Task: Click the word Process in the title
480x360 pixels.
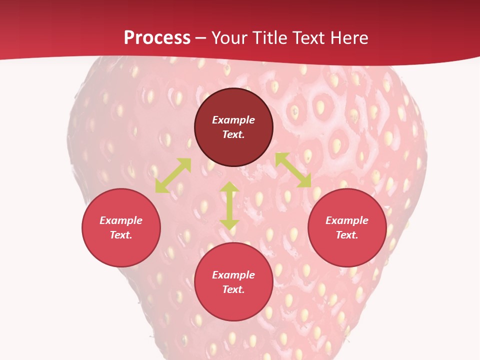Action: tap(157, 38)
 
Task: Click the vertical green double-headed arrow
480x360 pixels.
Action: tap(229, 206)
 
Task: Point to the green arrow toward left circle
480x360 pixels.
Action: tap(173, 175)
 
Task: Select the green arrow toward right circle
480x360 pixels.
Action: tap(293, 170)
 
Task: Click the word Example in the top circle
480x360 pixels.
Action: tap(233, 120)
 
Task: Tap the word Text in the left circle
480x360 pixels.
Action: tap(121, 235)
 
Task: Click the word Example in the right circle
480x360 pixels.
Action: tap(347, 220)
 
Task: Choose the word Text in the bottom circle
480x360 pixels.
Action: tap(233, 289)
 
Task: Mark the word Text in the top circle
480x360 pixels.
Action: tap(233, 134)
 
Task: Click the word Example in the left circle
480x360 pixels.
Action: tap(121, 220)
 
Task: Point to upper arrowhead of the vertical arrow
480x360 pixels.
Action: tap(229, 187)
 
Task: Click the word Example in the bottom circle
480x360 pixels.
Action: tap(233, 275)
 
